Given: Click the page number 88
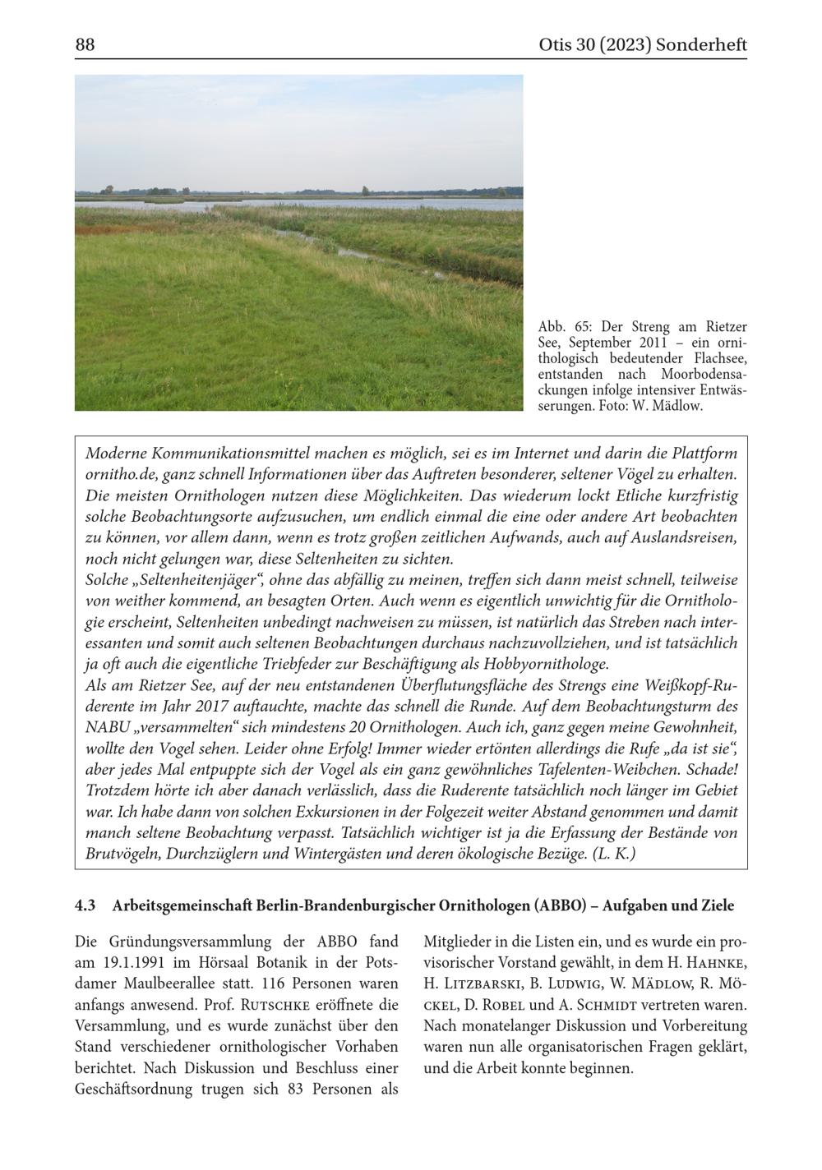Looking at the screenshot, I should pos(85,45).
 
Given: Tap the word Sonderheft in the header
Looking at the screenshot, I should pos(701,45).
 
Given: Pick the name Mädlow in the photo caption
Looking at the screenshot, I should pos(677,406).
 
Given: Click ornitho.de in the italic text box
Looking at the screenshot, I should pos(121,475).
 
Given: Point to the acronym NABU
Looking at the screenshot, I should pos(107,728).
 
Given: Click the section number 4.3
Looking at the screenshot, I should pos(85,906).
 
